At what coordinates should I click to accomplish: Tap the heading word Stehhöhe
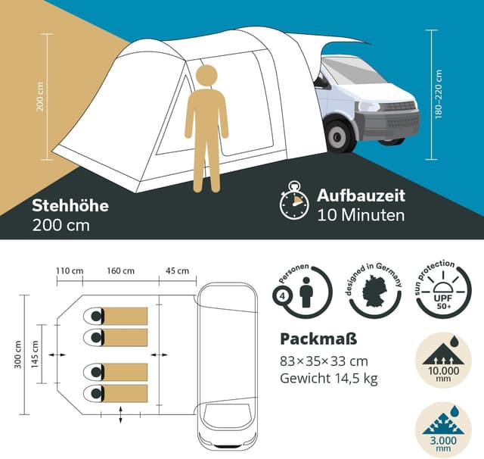[70, 205]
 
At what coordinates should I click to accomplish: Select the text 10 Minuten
[361, 215]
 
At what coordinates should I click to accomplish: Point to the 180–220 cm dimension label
[439, 95]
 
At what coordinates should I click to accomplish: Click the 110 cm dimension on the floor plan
[69, 271]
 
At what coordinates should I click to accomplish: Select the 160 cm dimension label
[120, 271]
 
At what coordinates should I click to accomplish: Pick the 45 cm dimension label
[178, 271]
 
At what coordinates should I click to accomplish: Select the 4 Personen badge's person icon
[306, 291]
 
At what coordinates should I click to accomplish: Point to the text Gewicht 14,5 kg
[328, 379]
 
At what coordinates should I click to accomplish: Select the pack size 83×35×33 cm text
[324, 361]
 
